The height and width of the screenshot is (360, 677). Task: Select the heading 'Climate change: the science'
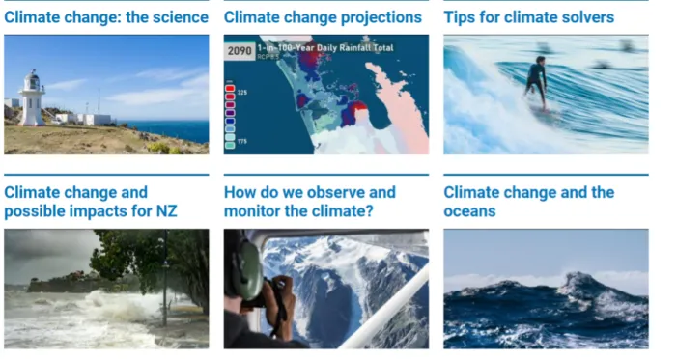click(105, 17)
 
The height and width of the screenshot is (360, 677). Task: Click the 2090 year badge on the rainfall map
click(239, 49)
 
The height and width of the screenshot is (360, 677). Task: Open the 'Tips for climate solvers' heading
click(528, 17)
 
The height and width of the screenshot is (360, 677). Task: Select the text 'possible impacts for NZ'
click(91, 210)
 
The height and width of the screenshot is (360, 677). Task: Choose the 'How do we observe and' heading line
click(310, 192)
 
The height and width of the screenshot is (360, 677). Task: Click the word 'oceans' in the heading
click(469, 210)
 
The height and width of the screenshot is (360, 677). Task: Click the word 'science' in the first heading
click(179, 17)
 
